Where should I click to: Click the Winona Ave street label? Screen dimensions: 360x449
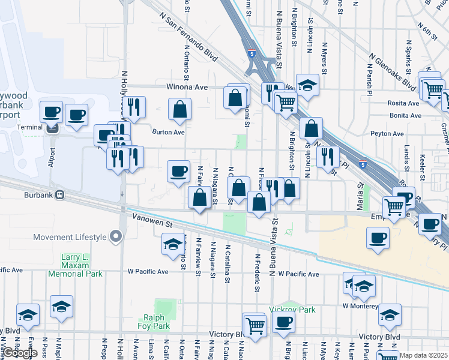[x=188, y=87]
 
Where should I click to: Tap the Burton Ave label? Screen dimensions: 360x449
[x=168, y=132]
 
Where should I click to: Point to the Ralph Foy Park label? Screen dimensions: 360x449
[x=157, y=322]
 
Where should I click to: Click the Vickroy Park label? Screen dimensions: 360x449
[x=292, y=310]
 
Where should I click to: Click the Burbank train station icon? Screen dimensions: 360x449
[x=59, y=195]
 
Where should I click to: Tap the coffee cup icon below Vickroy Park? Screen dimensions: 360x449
[x=283, y=322]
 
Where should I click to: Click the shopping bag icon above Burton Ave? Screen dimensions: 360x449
[x=180, y=110]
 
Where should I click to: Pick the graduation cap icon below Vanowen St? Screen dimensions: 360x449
[x=173, y=245]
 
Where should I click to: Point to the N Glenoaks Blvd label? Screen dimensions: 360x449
[x=393, y=71]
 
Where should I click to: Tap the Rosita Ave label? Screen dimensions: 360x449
[x=404, y=103]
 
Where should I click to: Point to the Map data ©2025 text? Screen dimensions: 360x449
[x=424, y=355]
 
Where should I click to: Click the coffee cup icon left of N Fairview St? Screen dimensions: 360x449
[x=178, y=172]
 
